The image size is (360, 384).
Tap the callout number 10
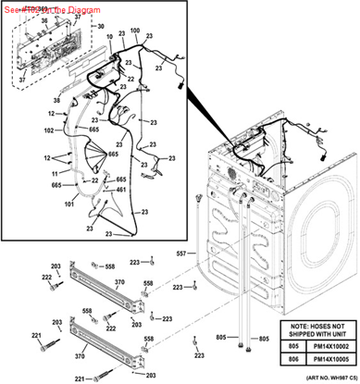109,37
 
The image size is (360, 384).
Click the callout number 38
56,99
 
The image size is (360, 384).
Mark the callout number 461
120,191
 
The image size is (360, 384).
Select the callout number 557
181,253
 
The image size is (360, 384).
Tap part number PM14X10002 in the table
326,343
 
